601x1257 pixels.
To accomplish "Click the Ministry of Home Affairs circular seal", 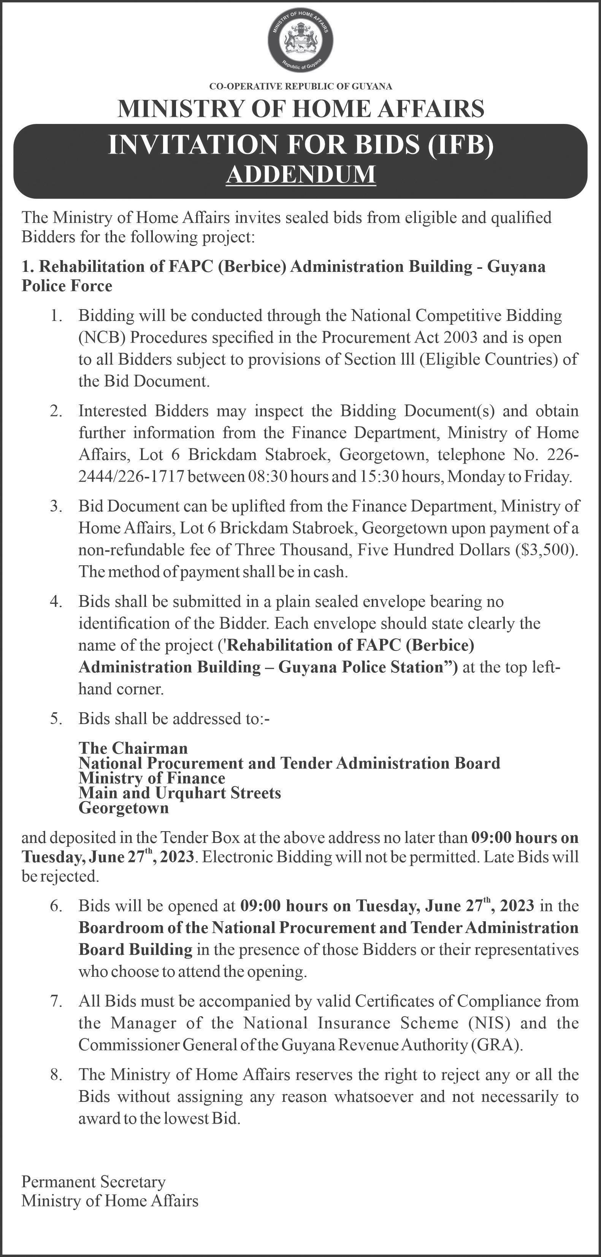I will (300, 41).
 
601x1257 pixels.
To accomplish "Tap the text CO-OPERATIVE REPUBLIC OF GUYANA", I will (300, 86).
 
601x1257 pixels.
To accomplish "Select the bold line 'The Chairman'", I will (133, 748).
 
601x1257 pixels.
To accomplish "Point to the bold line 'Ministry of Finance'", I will (152, 778).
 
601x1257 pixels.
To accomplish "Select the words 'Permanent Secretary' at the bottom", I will (94, 1181).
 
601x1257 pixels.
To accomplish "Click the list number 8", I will (56, 1074).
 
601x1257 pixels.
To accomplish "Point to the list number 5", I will (56, 719).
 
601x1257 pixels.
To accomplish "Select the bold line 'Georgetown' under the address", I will (124, 808).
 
